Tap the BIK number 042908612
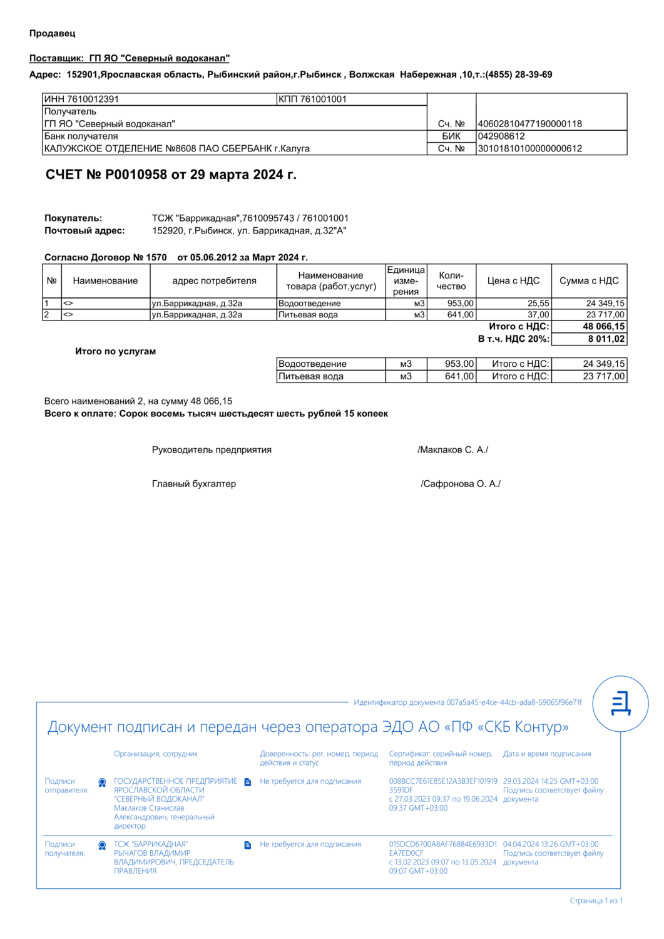[x=501, y=136]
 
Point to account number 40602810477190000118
[x=529, y=124]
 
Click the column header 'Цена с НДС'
[x=513, y=280]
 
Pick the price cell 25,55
[x=538, y=304]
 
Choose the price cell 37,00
[x=538, y=315]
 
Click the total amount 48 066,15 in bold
[x=603, y=326]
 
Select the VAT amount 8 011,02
[x=606, y=339]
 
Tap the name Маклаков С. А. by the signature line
[x=453, y=449]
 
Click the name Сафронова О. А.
[x=461, y=484]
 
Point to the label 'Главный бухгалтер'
[x=194, y=484]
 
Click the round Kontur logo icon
[x=620, y=704]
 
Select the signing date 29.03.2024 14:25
[x=550, y=781]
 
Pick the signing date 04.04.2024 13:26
[x=550, y=844]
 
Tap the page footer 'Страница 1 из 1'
[x=596, y=901]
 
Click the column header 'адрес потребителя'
[x=214, y=280]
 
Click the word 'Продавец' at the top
[x=52, y=33]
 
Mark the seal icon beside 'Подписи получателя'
[x=102, y=846]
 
